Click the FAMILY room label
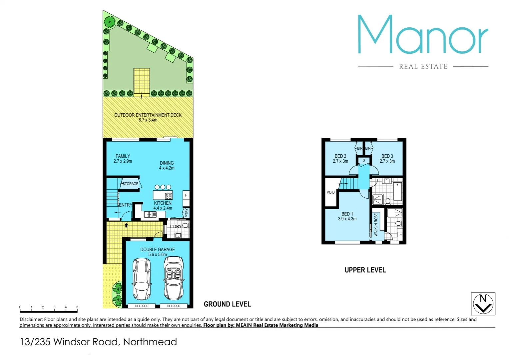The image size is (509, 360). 123,156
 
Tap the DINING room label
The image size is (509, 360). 167,163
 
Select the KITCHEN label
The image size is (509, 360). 163,203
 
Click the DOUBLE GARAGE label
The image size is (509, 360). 158,249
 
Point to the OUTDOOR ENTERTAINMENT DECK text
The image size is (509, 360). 148,115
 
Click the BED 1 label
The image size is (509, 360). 347,214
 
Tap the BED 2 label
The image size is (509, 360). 340,156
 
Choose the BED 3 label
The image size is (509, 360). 387,156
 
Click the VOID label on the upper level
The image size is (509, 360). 330,192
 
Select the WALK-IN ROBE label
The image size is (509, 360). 376,225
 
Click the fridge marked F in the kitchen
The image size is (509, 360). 186,195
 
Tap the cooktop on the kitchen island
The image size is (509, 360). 169,196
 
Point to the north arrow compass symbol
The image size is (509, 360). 483,304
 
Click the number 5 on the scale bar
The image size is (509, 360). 77,307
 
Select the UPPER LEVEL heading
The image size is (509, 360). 365,270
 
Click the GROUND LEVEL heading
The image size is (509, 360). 227,304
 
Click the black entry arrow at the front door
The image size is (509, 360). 126,225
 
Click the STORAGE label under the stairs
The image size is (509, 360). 130,184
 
